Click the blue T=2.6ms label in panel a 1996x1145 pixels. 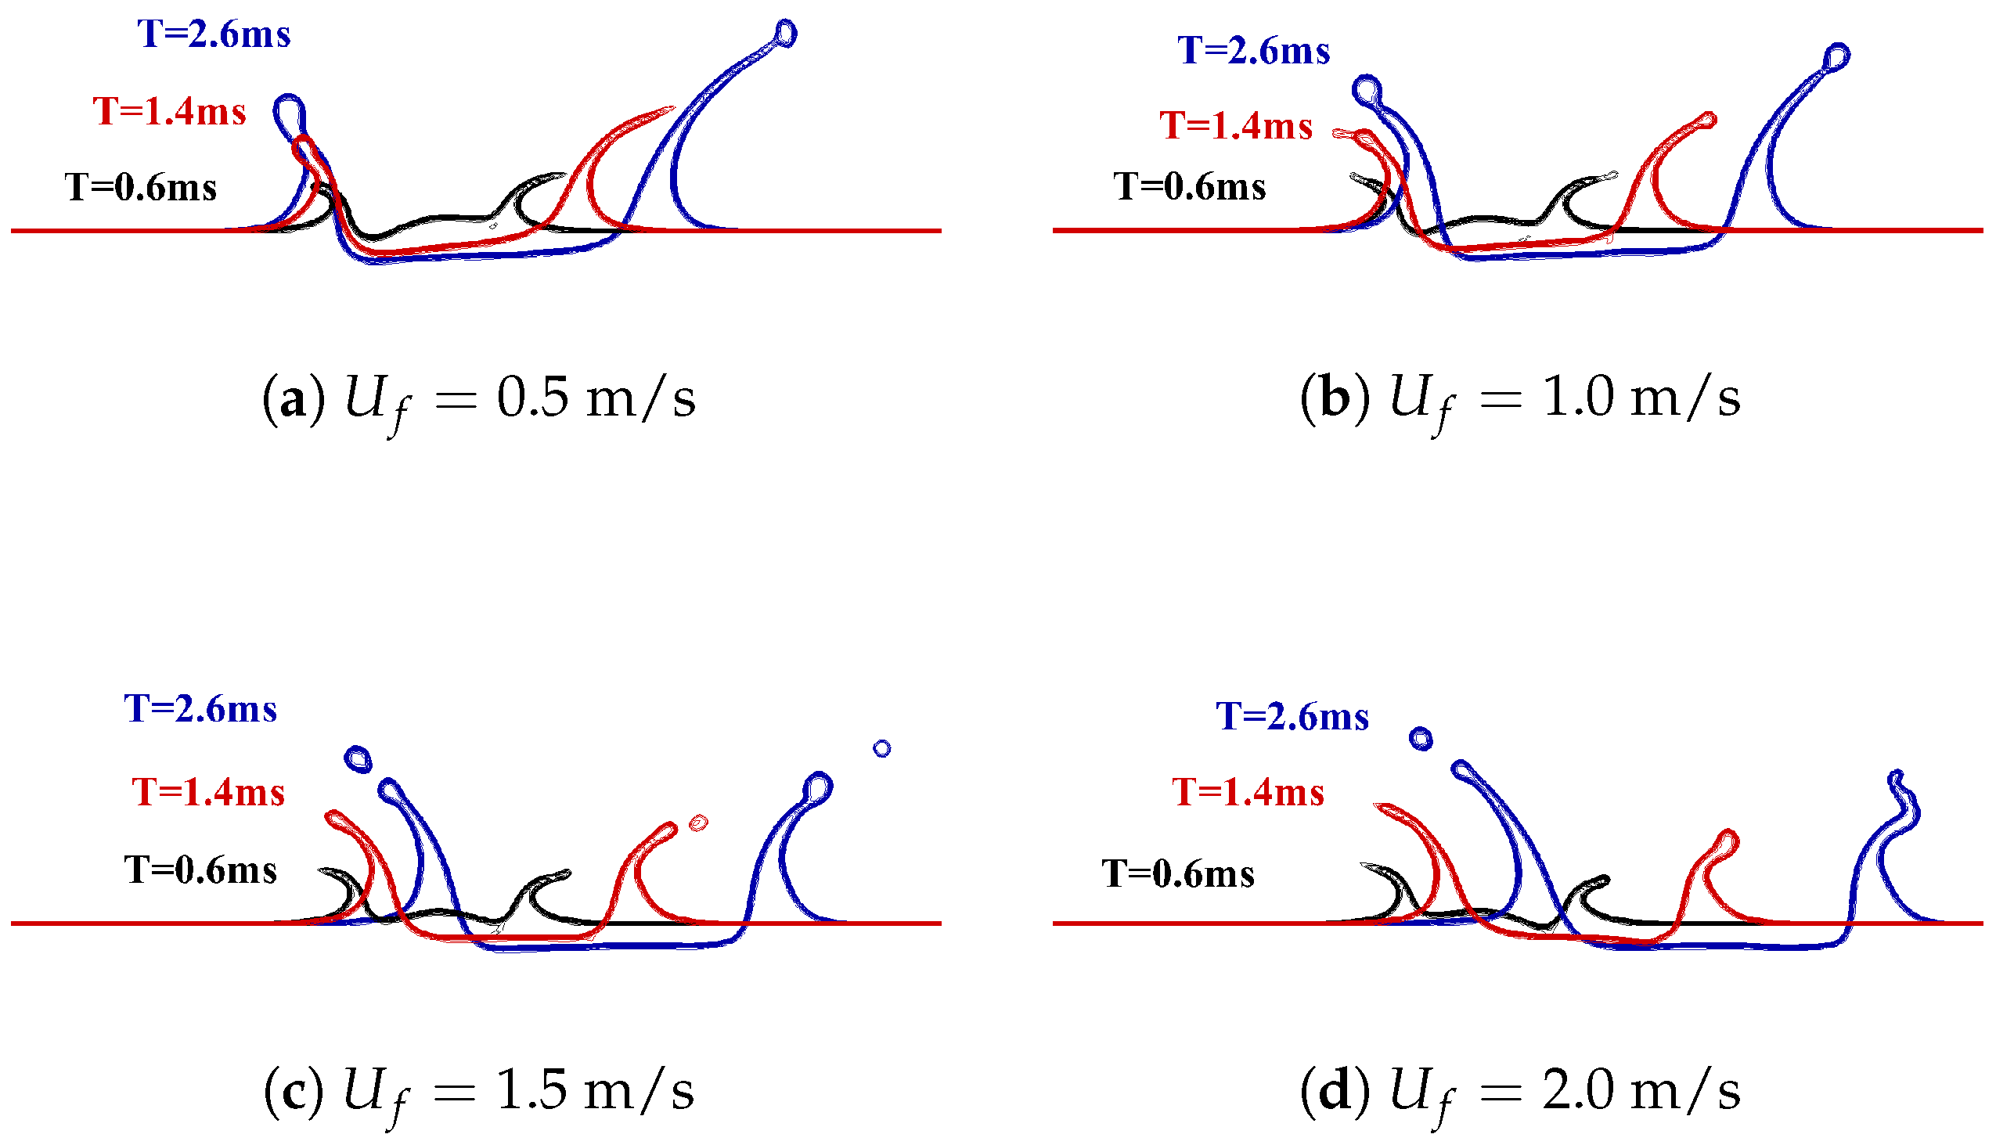[214, 34]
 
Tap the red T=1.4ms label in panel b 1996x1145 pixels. [1236, 126]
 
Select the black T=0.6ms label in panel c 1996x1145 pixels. [200, 870]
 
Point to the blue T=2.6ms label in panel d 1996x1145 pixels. [1292, 717]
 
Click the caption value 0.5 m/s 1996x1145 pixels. [596, 398]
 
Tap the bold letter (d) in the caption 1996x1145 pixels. [1335, 1093]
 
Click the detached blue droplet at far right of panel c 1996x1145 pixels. [882, 749]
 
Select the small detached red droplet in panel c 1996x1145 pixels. [698, 823]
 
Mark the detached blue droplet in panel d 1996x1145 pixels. [1421, 740]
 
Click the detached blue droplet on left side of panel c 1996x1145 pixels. [358, 760]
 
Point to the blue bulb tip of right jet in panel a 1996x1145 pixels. [786, 33]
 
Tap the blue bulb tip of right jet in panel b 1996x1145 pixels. [1837, 56]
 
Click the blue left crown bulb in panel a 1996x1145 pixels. [290, 113]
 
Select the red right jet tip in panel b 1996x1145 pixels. [1707, 121]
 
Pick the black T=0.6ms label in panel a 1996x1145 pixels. [141, 188]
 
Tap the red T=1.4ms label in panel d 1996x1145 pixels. [1248, 793]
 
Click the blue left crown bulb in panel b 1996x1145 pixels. [1367, 91]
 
